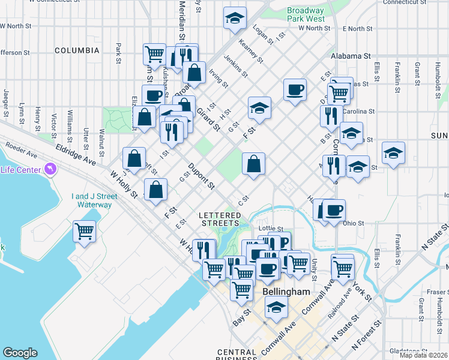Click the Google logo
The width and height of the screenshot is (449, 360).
pyautogui.click(x=20, y=353)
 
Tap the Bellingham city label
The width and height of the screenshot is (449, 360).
pyautogui.click(x=286, y=292)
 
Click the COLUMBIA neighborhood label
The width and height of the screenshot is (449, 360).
pyautogui.click(x=77, y=50)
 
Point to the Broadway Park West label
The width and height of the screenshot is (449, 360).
pyautogui.click(x=306, y=14)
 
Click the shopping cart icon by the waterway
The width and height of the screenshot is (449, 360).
pyautogui.click(x=85, y=230)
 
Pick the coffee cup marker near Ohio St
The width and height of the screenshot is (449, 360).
pyautogui.click(x=334, y=210)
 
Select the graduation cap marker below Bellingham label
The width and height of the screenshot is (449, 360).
pyautogui.click(x=277, y=307)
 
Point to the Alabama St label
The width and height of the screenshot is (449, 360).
pyautogui.click(x=350, y=56)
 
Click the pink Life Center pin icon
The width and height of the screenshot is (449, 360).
pyautogui.click(x=48, y=169)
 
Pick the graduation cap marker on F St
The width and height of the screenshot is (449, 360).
pyautogui.click(x=259, y=108)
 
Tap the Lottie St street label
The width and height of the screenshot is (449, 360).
pyautogui.click(x=270, y=229)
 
